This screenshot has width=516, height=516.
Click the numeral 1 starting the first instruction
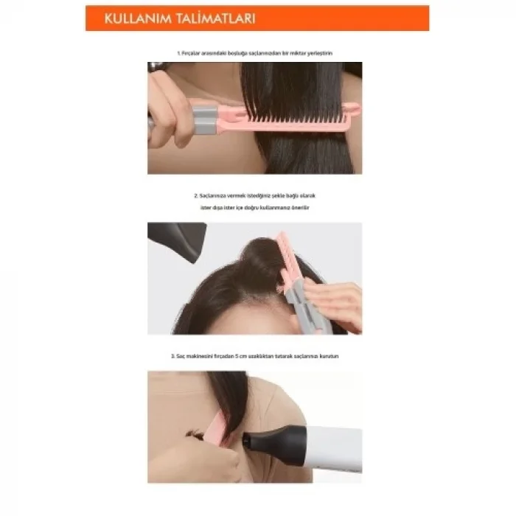click(178, 54)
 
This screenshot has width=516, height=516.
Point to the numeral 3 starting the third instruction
click(172, 356)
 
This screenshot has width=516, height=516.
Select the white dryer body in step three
click(335, 446)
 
